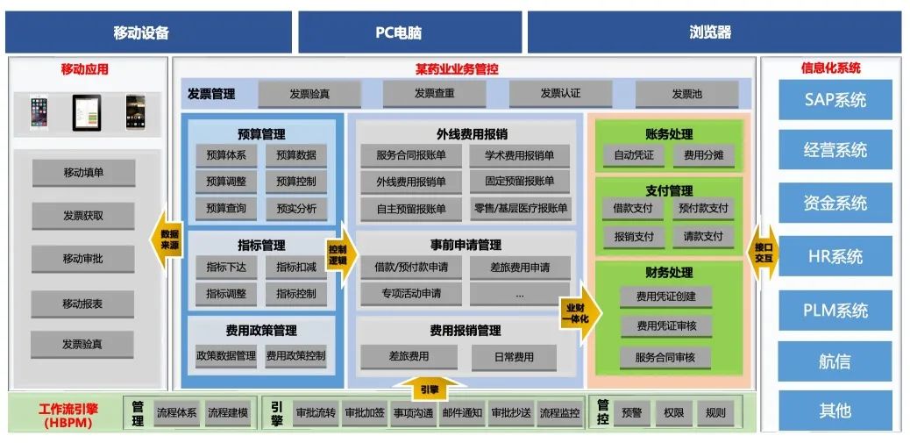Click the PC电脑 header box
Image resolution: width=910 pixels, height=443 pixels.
(x=409, y=32)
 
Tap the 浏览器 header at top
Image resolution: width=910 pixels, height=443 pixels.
(x=714, y=32)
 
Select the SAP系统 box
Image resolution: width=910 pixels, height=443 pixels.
(x=835, y=99)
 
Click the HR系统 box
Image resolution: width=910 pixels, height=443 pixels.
(x=835, y=256)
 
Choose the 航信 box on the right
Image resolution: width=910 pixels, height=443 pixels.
(x=835, y=361)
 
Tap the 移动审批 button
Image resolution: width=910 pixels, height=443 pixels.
(x=83, y=259)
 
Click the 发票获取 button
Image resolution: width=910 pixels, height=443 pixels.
(x=83, y=215)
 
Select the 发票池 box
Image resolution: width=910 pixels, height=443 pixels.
(x=686, y=94)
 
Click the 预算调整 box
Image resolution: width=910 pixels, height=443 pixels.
(x=226, y=182)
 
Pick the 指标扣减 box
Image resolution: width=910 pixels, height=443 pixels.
(x=296, y=267)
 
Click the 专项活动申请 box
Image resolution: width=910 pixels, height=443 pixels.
(x=410, y=293)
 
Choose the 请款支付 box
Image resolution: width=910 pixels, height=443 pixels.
(x=703, y=237)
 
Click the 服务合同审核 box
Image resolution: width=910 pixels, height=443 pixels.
(x=665, y=357)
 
